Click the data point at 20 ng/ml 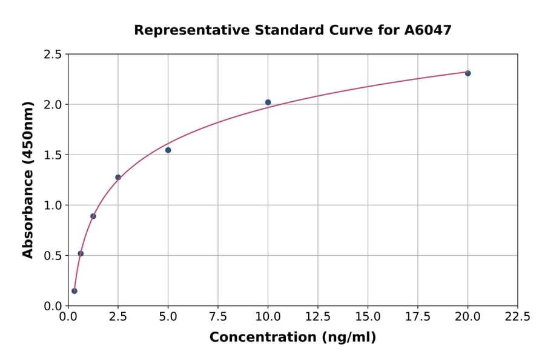click(x=467, y=73)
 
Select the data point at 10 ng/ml click(x=268, y=102)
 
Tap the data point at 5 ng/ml click(x=168, y=150)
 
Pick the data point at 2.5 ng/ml click(x=118, y=178)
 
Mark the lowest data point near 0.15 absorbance click(x=74, y=291)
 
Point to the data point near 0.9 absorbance click(x=93, y=216)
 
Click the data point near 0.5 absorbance click(x=81, y=253)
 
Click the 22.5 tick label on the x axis click(x=517, y=316)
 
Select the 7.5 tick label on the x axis click(x=218, y=316)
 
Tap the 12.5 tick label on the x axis click(x=318, y=316)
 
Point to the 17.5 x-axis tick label click(x=417, y=316)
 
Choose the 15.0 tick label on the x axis click(x=368, y=316)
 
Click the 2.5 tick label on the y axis click(x=53, y=55)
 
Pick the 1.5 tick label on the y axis click(x=53, y=155)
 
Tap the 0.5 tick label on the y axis click(x=53, y=256)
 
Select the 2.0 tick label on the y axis click(x=53, y=105)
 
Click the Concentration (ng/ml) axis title click(x=292, y=337)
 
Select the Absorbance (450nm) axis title click(x=28, y=180)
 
